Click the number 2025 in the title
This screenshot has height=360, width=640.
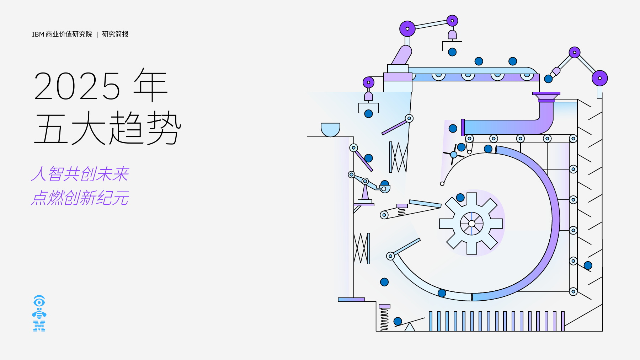tap(77, 86)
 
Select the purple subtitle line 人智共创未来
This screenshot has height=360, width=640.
tap(80, 174)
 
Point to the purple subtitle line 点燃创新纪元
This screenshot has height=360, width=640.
tap(80, 198)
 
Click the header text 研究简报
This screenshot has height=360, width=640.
tap(115, 34)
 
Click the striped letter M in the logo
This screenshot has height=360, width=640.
tap(39, 326)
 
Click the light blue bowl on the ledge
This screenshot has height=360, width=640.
tap(330, 130)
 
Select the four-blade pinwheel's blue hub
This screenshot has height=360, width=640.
tap(454, 155)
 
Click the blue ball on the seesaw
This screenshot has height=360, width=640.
tap(398, 321)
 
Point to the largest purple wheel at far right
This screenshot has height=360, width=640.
tap(600, 78)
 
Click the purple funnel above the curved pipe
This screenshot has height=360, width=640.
tap(546, 97)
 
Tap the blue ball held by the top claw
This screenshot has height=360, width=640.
tap(452, 52)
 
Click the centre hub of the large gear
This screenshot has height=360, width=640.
tap(472, 224)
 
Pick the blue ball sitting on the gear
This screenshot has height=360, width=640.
tap(460, 198)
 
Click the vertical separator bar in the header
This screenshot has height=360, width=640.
tap(97, 34)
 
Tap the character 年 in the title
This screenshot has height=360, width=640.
tap(151, 85)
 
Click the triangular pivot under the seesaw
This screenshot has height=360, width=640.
tap(410, 327)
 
